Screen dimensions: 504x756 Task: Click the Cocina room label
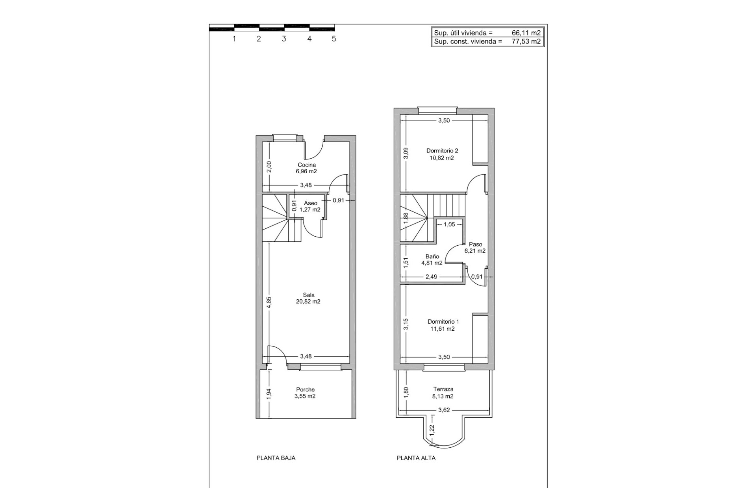306,165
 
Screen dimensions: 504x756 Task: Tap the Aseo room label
310,203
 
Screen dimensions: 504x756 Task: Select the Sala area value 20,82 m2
308,302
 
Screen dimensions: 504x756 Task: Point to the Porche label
305,389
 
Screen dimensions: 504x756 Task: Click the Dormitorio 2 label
442,150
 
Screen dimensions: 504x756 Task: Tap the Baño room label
432,256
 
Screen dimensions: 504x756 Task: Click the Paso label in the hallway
475,244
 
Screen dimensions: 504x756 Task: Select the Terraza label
443,389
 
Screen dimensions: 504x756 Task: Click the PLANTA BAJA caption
276,458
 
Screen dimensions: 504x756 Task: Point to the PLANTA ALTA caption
416,458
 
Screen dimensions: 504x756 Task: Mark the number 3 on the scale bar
283,39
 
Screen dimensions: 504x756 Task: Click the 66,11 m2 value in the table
526,33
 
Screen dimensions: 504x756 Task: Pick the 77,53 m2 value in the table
526,41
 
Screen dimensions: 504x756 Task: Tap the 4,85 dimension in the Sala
269,302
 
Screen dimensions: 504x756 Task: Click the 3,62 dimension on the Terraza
444,410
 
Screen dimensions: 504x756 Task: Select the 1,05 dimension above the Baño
449,224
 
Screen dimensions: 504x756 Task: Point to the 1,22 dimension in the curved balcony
432,430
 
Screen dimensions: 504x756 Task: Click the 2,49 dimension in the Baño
431,277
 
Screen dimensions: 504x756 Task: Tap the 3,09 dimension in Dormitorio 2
406,153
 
